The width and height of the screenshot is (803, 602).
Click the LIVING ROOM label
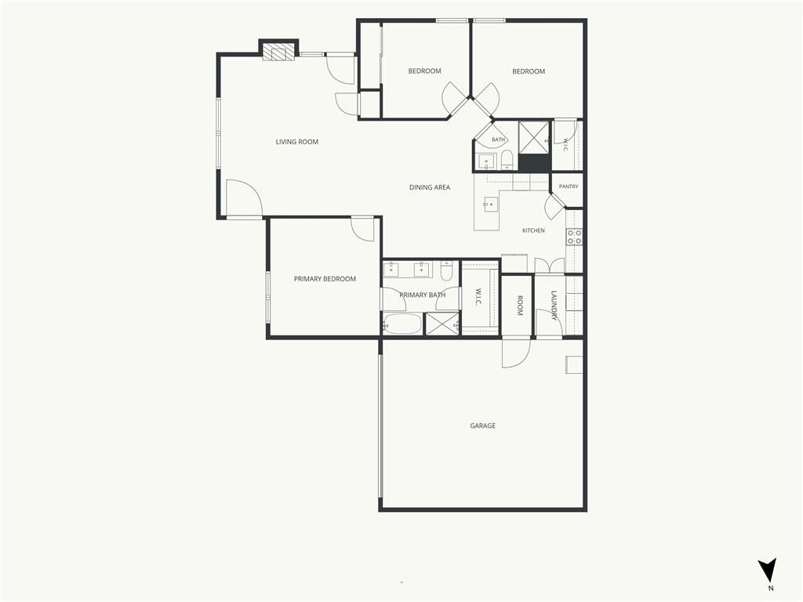pos(297,142)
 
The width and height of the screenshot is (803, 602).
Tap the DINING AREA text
pos(430,187)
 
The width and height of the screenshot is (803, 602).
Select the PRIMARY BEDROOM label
pos(325,279)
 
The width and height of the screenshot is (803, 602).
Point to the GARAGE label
pos(482,426)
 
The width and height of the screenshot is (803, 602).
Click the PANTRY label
pos(569,187)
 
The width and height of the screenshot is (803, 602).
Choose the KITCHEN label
pos(533,230)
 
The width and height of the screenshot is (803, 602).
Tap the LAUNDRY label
pos(554,306)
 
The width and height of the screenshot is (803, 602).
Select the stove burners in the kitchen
pos(573,237)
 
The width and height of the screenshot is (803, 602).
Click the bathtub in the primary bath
pos(402,324)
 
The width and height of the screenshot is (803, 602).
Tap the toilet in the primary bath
pos(446,270)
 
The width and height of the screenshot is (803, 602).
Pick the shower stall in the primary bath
pos(442,324)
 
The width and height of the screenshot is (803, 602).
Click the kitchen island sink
pos(489,205)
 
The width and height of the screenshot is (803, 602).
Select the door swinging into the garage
pos(516,353)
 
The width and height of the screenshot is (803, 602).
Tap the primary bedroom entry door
pos(362,229)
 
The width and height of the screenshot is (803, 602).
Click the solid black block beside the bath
pos(533,163)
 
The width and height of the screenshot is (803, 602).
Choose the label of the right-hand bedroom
pos(529,71)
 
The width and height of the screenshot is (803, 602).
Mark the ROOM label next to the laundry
pos(519,306)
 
